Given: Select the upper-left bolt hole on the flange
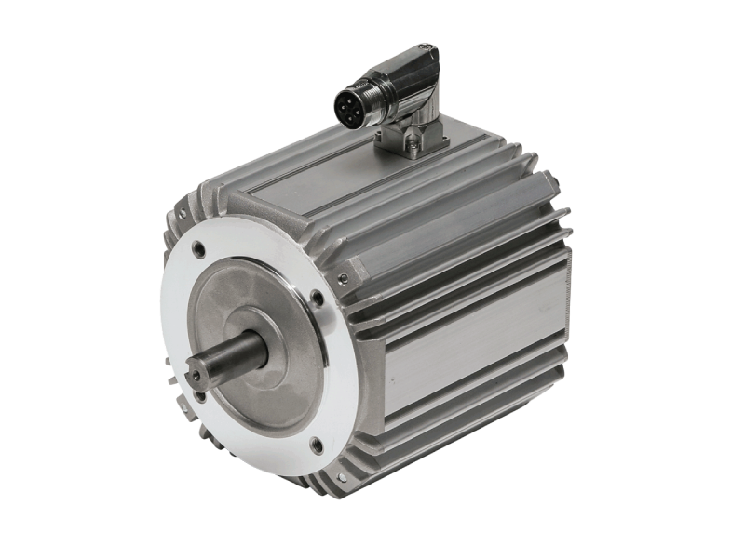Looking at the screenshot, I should pos(199,250).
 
